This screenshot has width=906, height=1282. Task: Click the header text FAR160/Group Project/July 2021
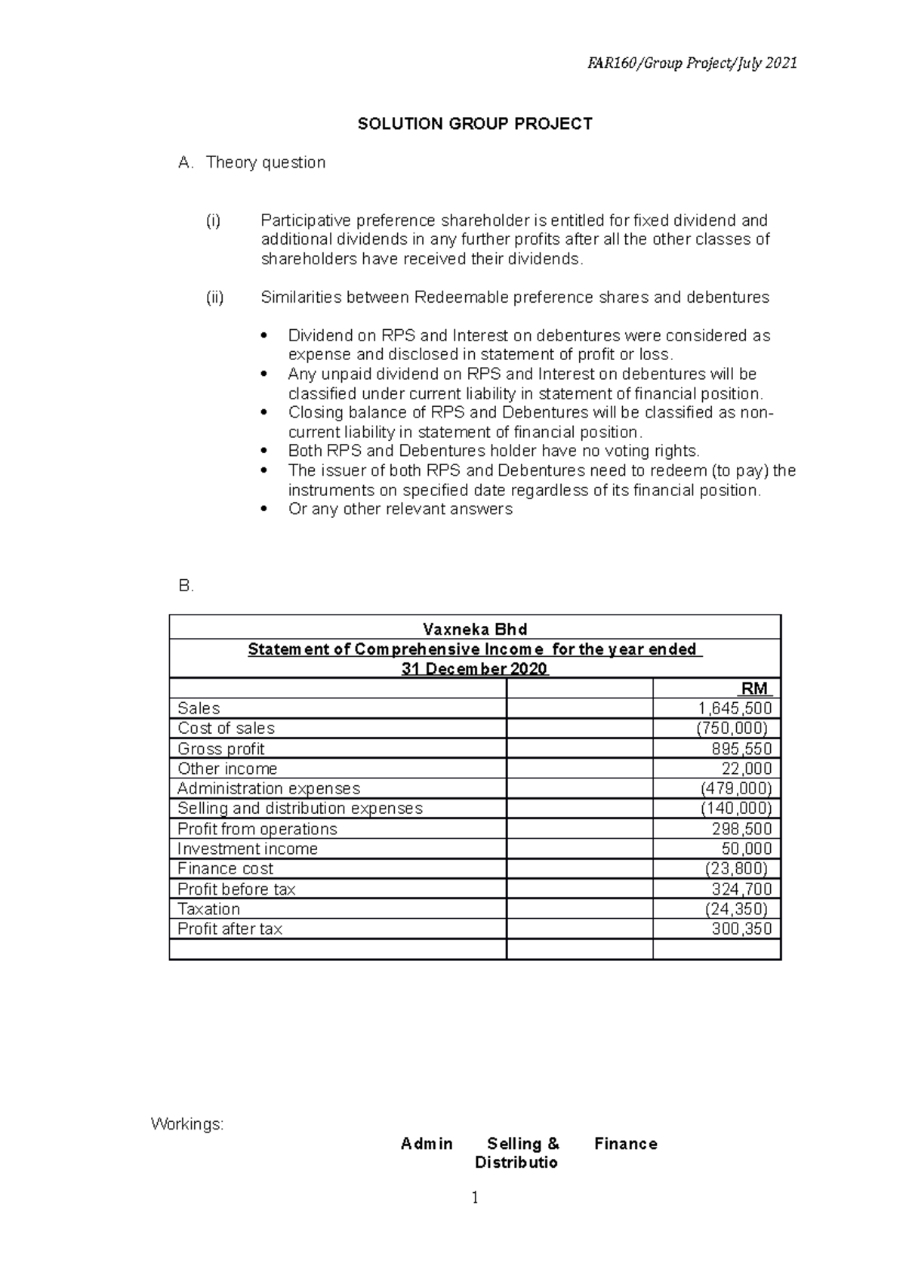[x=692, y=63]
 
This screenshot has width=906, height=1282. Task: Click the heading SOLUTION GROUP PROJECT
[x=475, y=124]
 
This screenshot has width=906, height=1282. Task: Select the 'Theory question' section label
[x=266, y=162]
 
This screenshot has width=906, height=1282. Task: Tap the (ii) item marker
[x=215, y=297]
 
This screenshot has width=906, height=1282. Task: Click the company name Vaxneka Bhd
[x=475, y=629]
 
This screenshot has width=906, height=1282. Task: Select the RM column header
[x=754, y=689]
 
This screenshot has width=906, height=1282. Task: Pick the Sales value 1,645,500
[x=735, y=708]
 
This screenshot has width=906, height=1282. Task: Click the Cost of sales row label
[x=226, y=728]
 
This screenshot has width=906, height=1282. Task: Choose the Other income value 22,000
[x=747, y=769]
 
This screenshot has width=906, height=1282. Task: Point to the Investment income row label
[x=247, y=849]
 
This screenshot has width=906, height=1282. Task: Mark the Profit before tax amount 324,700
[x=741, y=889]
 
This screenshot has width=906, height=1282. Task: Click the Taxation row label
[x=208, y=909]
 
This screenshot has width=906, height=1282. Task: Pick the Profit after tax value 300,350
[x=741, y=929]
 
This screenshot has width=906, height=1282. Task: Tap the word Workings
[x=186, y=1124]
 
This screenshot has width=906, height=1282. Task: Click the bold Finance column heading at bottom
[x=625, y=1144]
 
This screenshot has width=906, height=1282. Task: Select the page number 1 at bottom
[x=475, y=1197]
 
